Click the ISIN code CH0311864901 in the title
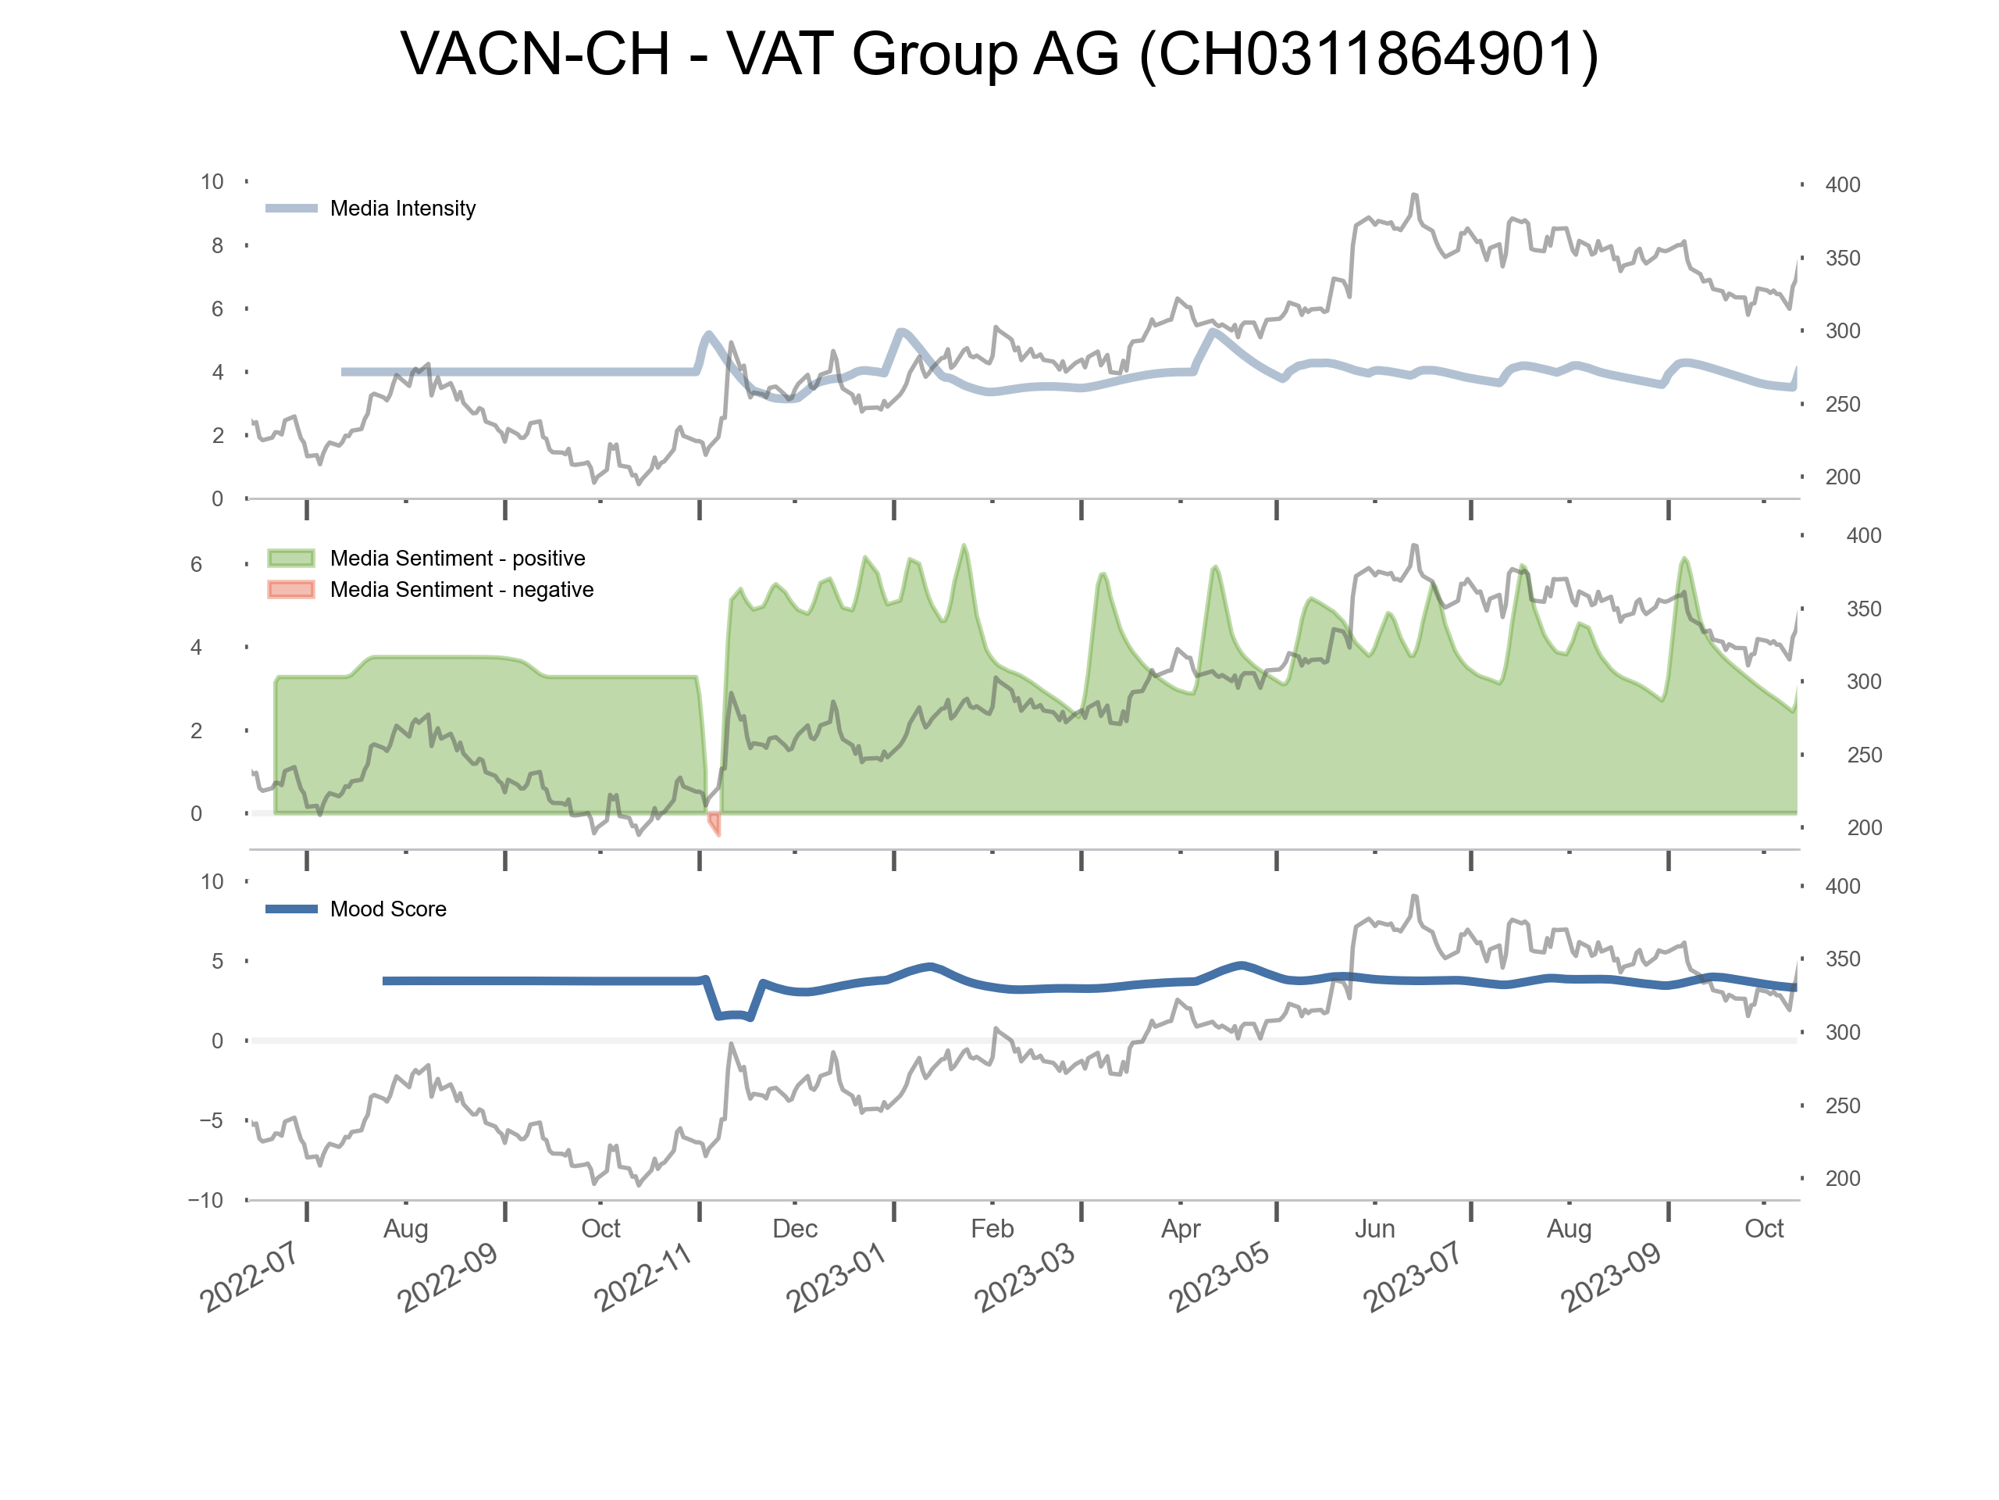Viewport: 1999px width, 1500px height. pos(1368,54)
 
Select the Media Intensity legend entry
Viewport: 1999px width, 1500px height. pos(402,209)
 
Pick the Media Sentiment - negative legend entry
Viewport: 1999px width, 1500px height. pos(461,591)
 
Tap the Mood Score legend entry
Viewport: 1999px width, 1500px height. pos(387,909)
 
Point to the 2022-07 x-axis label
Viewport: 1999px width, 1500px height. pos(249,1277)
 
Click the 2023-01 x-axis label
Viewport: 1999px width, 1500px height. pos(836,1277)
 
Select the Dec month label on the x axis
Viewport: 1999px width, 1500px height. pos(794,1230)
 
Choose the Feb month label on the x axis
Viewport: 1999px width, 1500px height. pos(992,1230)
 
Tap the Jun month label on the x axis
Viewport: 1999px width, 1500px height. pos(1374,1230)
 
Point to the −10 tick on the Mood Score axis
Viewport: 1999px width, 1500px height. pos(206,1201)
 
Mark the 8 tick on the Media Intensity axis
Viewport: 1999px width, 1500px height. pos(217,246)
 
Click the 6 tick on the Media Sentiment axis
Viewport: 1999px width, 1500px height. pos(196,565)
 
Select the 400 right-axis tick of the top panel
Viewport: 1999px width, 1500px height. pos(1842,185)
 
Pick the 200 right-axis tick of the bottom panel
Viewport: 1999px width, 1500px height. pos(1842,1179)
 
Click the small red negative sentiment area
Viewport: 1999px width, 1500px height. pos(714,823)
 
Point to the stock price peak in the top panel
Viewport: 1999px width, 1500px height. pos(1414,195)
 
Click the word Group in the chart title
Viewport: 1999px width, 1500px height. pos(935,54)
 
